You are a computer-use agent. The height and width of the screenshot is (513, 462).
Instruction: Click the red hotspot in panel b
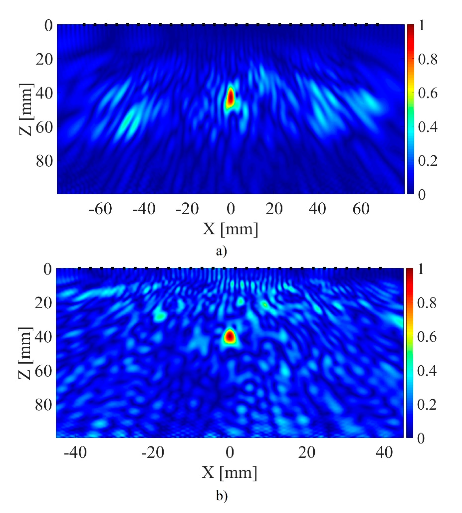230,336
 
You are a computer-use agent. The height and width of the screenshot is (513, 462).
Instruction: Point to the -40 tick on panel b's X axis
75,452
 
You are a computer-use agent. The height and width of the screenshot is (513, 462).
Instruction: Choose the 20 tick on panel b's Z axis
43,303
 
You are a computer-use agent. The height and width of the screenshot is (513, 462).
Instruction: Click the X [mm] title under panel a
230,229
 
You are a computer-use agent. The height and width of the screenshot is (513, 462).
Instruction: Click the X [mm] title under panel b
230,472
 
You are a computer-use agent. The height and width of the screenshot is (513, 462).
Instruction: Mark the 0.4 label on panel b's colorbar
427,371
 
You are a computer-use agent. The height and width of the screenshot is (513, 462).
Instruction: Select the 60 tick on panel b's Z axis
43,371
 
